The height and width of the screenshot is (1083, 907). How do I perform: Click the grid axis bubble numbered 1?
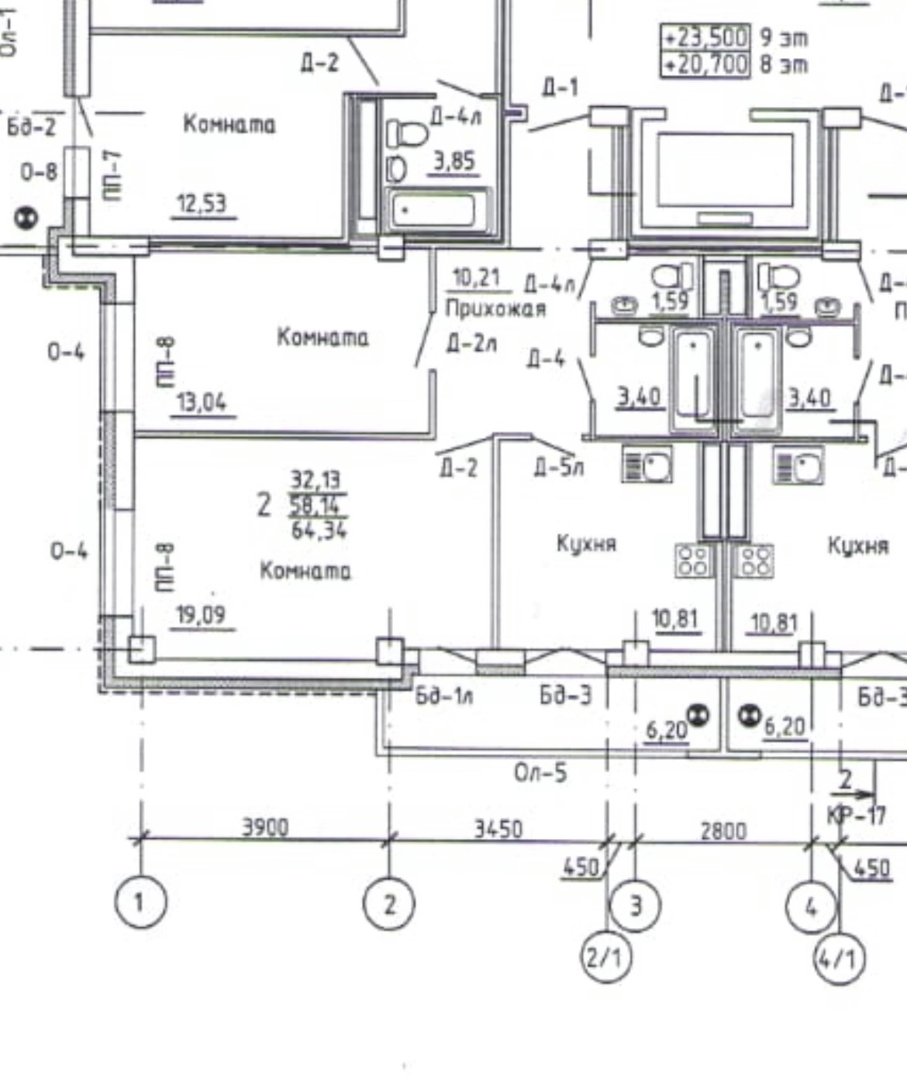[x=140, y=902]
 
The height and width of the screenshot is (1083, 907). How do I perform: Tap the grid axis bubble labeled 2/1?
[x=605, y=958]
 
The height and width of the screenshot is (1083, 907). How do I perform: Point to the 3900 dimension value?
[x=265, y=827]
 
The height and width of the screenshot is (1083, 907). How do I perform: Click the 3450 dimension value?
[x=498, y=829]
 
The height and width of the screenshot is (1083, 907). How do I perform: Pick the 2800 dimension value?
[x=723, y=831]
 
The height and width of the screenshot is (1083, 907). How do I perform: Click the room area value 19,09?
[x=201, y=616]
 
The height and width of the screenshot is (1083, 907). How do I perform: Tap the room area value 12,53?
[x=202, y=205]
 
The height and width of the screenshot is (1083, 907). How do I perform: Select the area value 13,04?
[x=202, y=403]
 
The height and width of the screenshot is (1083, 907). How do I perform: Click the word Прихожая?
[x=495, y=308]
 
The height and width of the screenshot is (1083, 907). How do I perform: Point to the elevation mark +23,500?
[x=705, y=37]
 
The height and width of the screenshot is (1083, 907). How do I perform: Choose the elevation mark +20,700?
[x=705, y=64]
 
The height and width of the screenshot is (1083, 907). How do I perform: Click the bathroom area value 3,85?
[x=453, y=162]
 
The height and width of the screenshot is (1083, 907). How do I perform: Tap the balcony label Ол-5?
[x=540, y=772]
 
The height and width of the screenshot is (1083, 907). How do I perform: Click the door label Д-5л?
[x=558, y=467]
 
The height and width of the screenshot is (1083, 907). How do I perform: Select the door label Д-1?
[x=560, y=88]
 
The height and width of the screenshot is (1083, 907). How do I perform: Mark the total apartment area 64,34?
[x=319, y=531]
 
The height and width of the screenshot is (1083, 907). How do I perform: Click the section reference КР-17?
[x=856, y=815]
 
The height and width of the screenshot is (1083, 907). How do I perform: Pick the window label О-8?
[x=38, y=171]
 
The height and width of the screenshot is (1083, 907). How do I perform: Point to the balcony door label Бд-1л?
[x=443, y=696]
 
